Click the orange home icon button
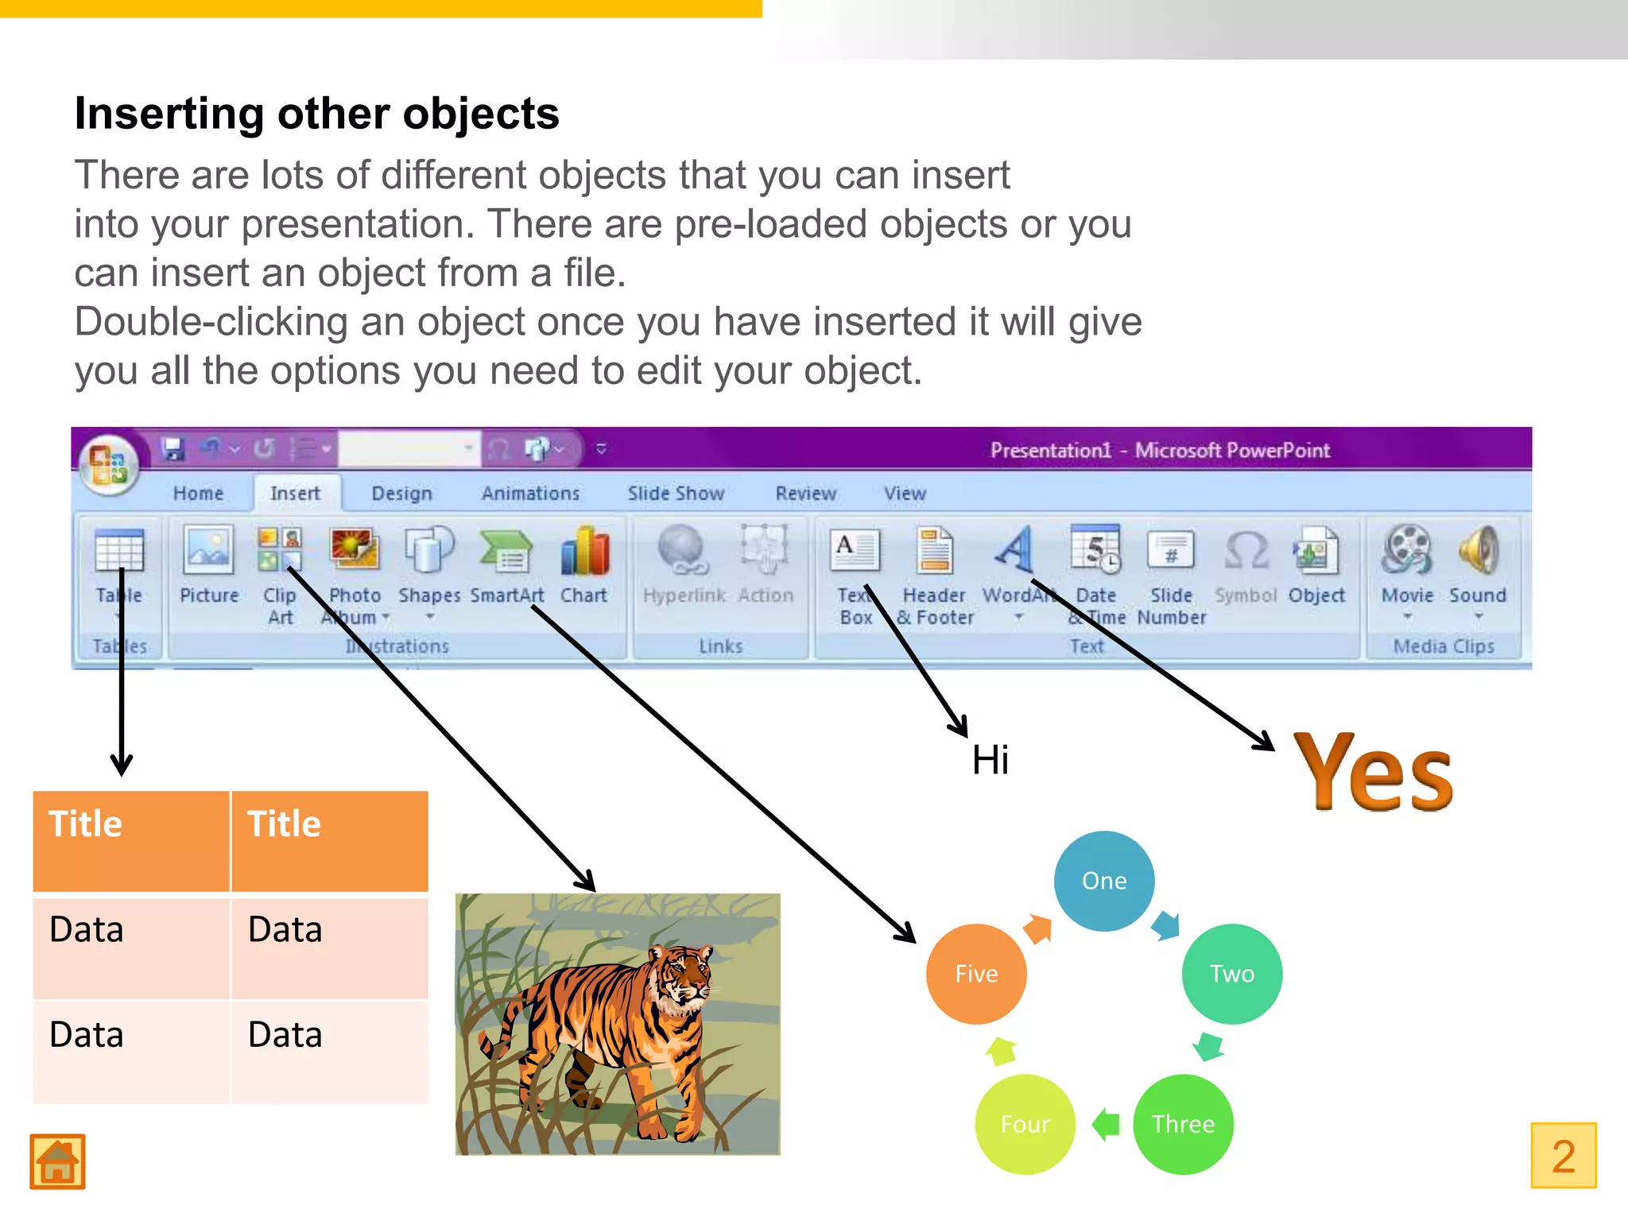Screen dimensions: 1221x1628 tap(57, 1161)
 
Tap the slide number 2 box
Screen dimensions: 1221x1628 tap(1563, 1155)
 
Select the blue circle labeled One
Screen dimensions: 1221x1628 tap(1103, 881)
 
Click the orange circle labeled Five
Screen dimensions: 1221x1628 tap(976, 974)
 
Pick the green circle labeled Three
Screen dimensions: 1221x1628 tap(1183, 1124)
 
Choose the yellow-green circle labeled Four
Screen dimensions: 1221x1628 tap(1025, 1124)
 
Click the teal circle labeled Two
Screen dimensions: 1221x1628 tap(1231, 974)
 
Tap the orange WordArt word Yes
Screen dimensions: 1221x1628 tap(1373, 773)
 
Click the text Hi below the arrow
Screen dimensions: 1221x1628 tap(990, 760)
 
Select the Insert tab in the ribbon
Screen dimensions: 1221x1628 tap(295, 494)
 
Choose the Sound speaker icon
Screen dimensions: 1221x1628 tap(1478, 550)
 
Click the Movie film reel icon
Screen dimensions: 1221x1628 tap(1407, 550)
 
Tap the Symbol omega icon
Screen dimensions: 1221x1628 tap(1246, 550)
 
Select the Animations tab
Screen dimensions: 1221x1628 tap(530, 494)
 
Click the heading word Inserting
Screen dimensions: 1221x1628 tap(169, 114)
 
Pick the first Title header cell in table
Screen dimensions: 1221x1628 tap(131, 840)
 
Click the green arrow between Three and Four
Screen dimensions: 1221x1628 tap(1106, 1124)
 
